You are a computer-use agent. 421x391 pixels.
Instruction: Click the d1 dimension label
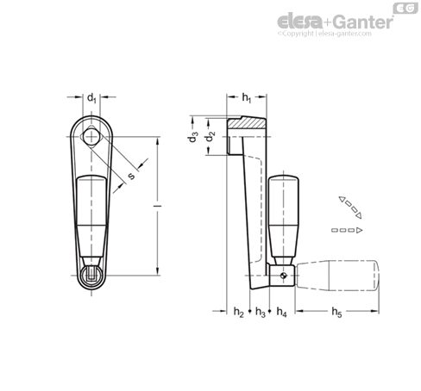click(x=91, y=98)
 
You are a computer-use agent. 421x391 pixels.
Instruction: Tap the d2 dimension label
click(x=210, y=136)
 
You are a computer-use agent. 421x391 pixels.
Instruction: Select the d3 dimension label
click(x=193, y=137)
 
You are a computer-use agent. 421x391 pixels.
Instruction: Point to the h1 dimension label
click(x=247, y=98)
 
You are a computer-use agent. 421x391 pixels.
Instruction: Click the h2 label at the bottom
click(x=239, y=312)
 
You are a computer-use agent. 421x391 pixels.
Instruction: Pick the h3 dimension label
click(x=261, y=312)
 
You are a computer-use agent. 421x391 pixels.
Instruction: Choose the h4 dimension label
click(x=281, y=312)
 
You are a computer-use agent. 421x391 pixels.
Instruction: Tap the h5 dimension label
click(x=336, y=312)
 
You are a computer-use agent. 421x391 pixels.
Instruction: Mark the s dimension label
click(x=131, y=176)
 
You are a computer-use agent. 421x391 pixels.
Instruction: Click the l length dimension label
click(x=157, y=206)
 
